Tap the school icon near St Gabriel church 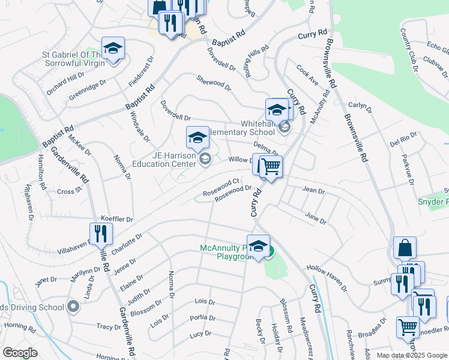click(x=112, y=49)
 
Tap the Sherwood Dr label click(x=214, y=83)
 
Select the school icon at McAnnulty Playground click(x=258, y=247)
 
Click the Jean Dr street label click(x=313, y=191)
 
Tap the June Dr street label click(x=316, y=218)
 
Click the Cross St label click(x=69, y=191)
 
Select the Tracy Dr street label click(x=109, y=327)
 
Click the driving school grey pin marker click(x=74, y=307)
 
